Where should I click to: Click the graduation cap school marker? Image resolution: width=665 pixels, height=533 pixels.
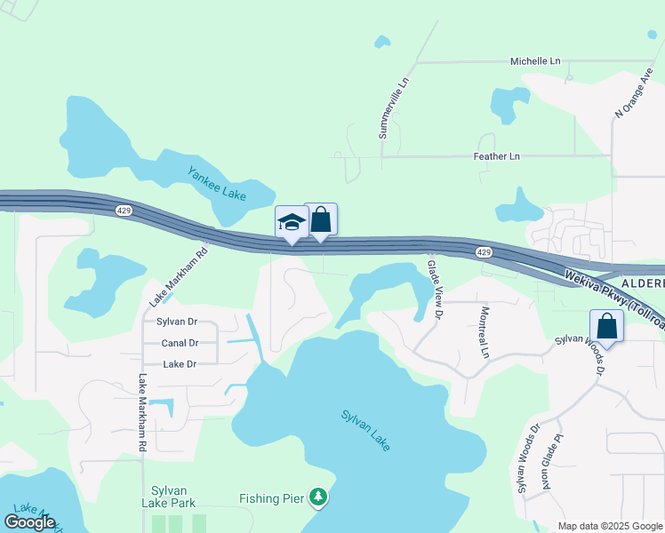coord(292,223)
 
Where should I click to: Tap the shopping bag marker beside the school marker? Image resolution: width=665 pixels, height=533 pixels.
coord(320,219)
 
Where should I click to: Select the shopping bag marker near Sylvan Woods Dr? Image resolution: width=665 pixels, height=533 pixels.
coord(606,326)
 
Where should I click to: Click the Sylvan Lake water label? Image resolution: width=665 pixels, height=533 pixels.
coord(365,430)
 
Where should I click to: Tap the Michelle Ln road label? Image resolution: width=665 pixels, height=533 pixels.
coord(535,61)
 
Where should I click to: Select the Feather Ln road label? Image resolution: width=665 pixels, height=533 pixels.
coord(495,156)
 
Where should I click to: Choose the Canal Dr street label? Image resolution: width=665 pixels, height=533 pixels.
coord(179,343)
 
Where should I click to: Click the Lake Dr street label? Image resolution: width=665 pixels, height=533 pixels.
coord(179,364)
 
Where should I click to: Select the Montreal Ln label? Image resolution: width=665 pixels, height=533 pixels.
coord(485,332)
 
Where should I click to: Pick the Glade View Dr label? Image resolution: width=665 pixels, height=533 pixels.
coord(435,289)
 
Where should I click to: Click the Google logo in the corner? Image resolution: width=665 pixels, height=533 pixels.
coord(29,522)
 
